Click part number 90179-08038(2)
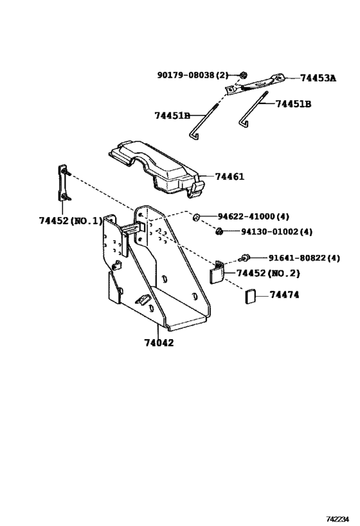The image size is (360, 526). click(x=193, y=75)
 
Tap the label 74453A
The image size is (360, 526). click(x=318, y=78)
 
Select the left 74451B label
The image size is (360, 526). click(x=172, y=116)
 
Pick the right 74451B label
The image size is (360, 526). click(x=293, y=104)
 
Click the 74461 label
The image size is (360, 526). click(x=230, y=177)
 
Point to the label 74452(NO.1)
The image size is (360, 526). click(x=71, y=221)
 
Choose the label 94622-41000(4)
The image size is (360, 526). click(x=253, y=216)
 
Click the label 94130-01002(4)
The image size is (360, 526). click(x=276, y=232)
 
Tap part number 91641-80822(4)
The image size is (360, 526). click(x=304, y=258)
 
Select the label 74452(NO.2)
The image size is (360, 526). click(x=268, y=274)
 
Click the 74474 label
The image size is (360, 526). click(x=284, y=295)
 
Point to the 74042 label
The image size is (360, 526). click(x=159, y=343)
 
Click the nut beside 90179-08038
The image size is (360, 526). click(x=244, y=75)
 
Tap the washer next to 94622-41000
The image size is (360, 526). click(x=196, y=217)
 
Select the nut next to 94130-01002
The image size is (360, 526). click(x=219, y=231)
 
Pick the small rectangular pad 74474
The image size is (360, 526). click(x=251, y=297)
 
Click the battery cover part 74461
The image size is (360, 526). click(x=157, y=170)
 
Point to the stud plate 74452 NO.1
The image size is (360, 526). click(x=64, y=184)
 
